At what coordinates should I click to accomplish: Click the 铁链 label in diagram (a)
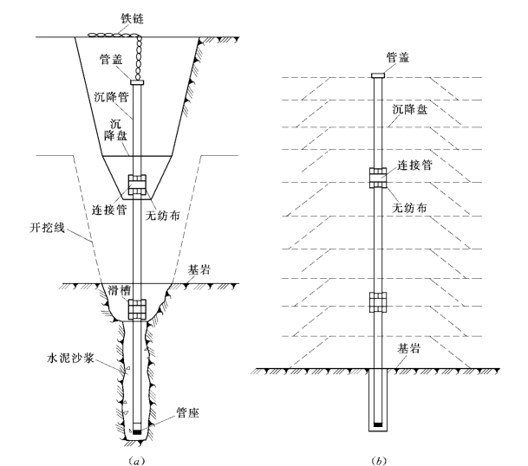[x=133, y=18]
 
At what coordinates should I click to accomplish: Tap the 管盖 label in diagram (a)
[x=111, y=59]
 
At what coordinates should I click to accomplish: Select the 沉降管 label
[x=112, y=97]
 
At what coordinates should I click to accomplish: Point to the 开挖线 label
[x=47, y=228]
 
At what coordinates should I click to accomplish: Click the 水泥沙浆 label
[x=70, y=358]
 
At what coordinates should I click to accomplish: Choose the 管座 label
[x=188, y=412]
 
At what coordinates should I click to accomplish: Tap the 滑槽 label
[x=120, y=290]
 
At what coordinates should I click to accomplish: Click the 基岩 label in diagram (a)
[x=199, y=269]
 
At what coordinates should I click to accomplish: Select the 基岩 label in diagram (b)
[x=409, y=348]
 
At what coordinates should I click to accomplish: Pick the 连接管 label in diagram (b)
[x=414, y=165]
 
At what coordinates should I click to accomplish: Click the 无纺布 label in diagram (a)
[x=163, y=216]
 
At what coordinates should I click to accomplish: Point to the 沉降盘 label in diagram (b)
[x=410, y=110]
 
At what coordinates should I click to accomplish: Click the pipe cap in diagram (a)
[x=137, y=82]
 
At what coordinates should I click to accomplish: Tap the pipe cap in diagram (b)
[x=378, y=75]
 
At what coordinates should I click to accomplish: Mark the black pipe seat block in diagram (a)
[x=137, y=431]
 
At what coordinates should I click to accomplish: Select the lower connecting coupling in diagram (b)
[x=378, y=302]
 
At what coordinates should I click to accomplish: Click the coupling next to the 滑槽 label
[x=137, y=309]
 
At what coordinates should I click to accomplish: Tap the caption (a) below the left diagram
[x=137, y=461]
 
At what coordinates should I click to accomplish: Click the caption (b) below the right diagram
[x=379, y=461]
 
